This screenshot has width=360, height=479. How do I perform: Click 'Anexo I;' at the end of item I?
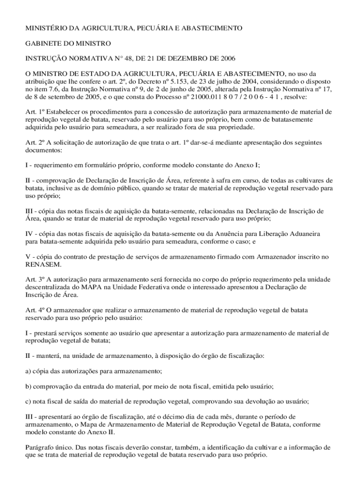click(247, 165)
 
